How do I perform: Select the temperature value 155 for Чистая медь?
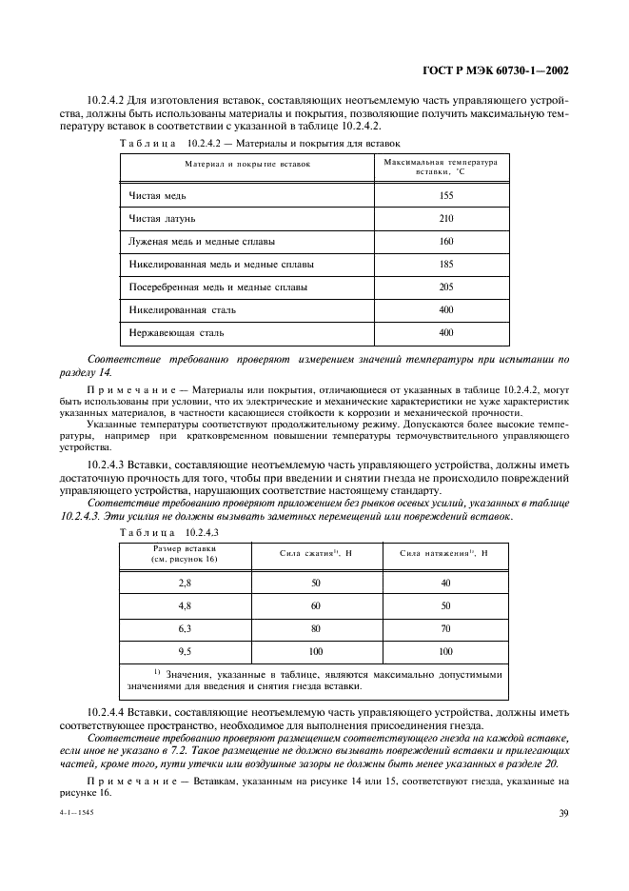tap(446, 195)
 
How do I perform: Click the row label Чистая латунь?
tap(163, 218)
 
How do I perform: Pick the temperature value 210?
tap(446, 218)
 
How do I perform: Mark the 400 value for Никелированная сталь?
tap(446, 309)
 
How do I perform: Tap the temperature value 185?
tap(446, 264)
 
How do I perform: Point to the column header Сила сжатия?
tap(317, 553)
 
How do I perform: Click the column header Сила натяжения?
tap(443, 553)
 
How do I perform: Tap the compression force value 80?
tap(316, 628)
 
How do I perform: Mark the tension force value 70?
tap(444, 628)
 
